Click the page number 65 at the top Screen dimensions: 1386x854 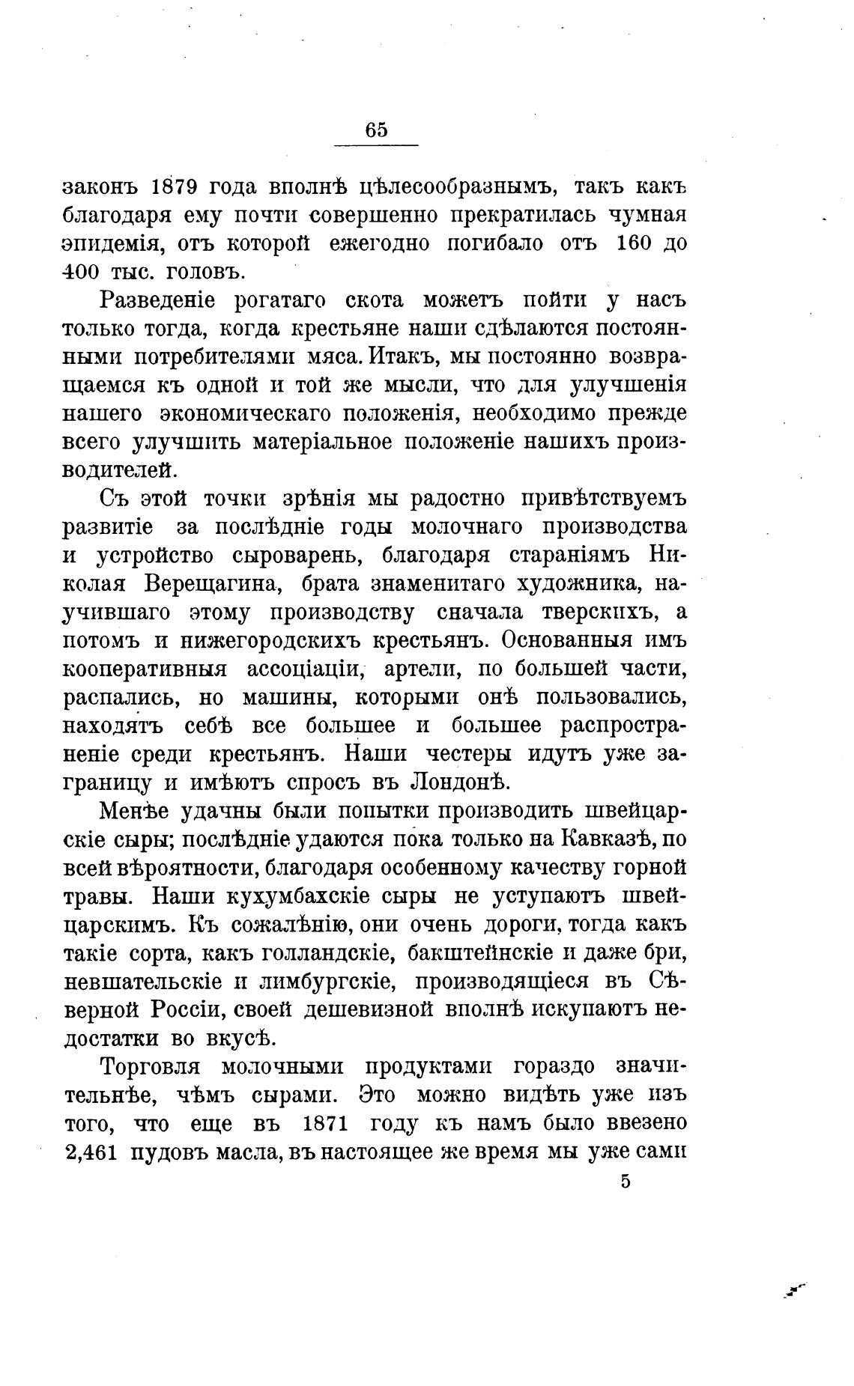(376, 130)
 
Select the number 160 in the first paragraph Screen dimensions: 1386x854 (637, 243)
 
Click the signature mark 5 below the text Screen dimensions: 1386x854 (626, 1182)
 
